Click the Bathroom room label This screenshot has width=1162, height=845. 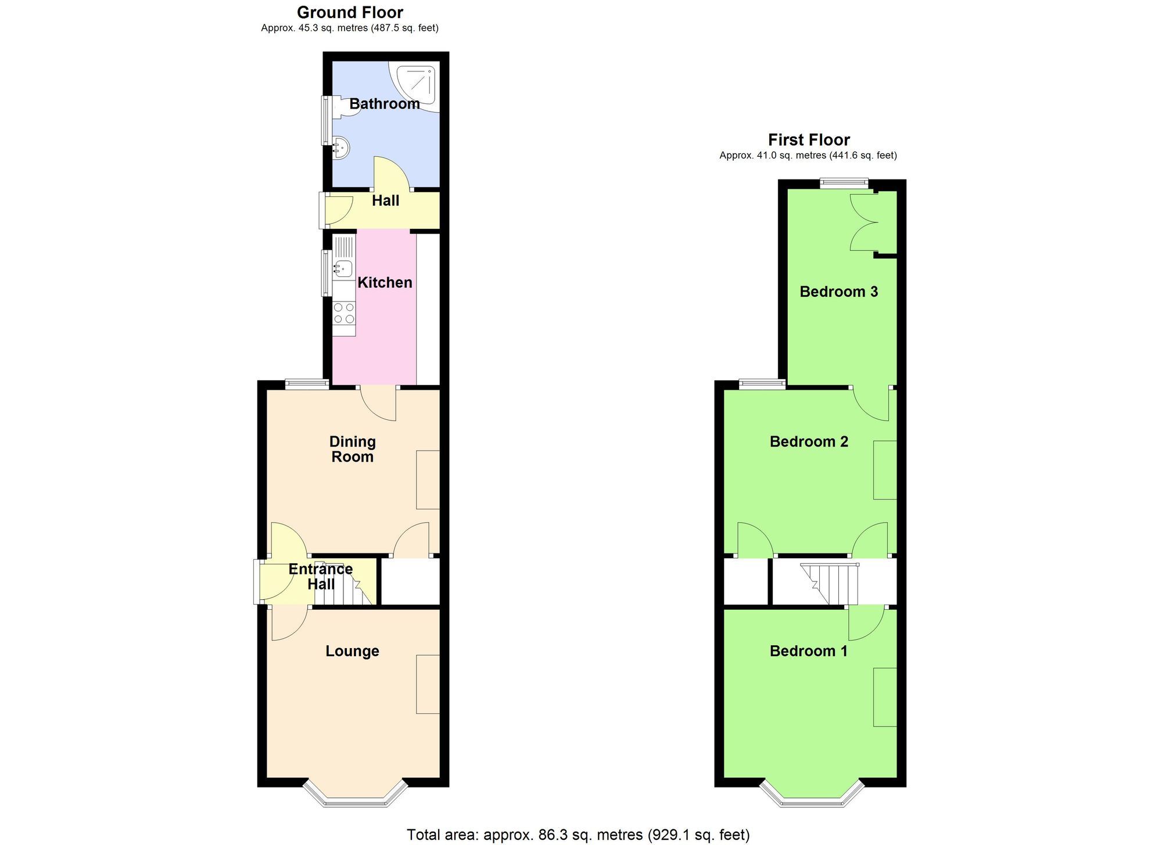coord(384,104)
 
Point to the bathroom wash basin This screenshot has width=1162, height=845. coord(341,147)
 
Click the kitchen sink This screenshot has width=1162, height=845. coord(343,268)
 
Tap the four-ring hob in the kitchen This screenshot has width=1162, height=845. coord(344,314)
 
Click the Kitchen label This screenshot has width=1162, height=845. coord(385,283)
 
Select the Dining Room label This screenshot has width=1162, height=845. coord(352,450)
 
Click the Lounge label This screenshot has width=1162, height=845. coord(352,651)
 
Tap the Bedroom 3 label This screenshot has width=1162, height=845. coord(838,292)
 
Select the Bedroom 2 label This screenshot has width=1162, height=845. coord(809,442)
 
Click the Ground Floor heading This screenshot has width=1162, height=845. coord(350,12)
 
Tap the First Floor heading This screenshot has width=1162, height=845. coord(809,140)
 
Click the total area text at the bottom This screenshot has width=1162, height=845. coord(578,835)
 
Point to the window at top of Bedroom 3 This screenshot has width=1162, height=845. coord(844,183)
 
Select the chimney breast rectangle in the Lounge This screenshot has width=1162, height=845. coord(428,684)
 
